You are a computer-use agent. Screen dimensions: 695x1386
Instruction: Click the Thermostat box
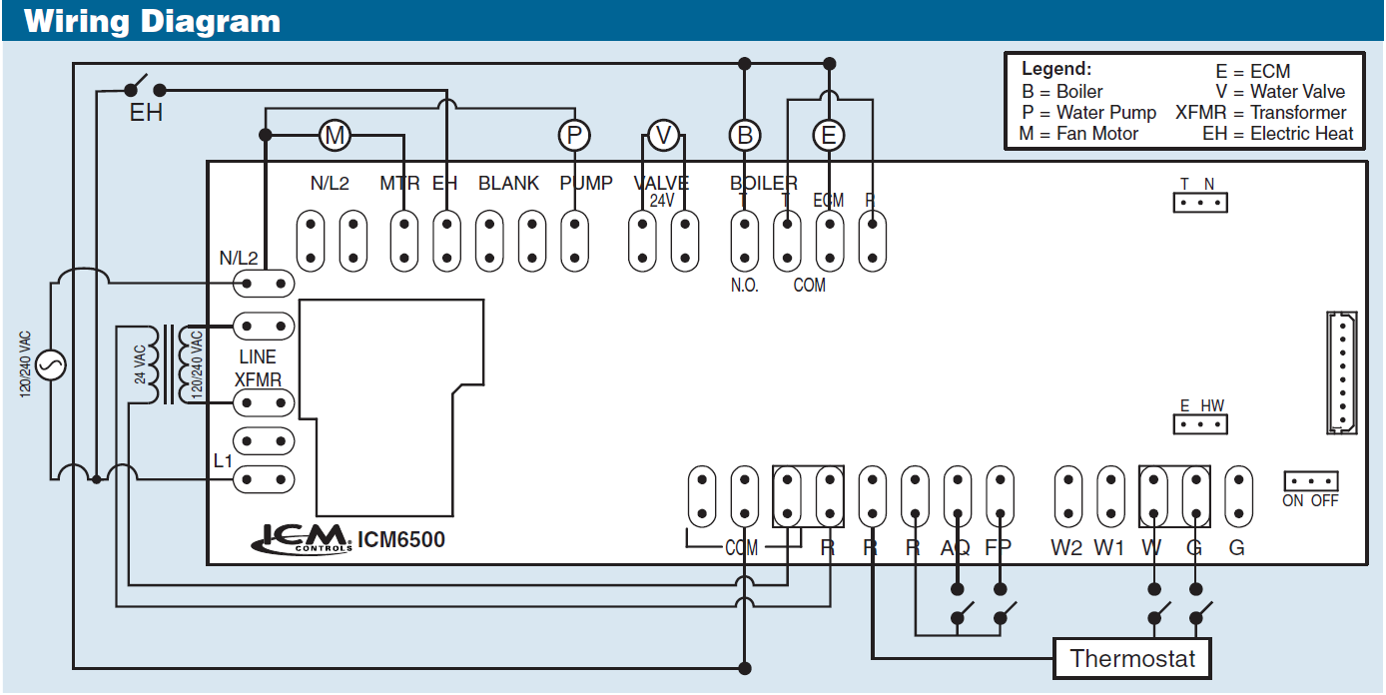click(x=1132, y=659)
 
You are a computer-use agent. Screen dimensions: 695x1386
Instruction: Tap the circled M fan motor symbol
click(x=335, y=135)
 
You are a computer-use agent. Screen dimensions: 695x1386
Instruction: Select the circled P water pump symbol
click(x=573, y=135)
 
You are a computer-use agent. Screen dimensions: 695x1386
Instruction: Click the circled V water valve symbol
click(x=663, y=135)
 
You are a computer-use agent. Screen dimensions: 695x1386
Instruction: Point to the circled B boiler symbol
click(x=744, y=135)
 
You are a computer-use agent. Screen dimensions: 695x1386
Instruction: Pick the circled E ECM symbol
click(x=828, y=135)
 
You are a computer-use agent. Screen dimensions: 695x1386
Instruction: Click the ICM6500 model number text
click(x=401, y=540)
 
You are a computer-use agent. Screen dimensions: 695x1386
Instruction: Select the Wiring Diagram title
click(x=152, y=21)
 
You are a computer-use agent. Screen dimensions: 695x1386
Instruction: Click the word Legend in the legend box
click(x=1056, y=70)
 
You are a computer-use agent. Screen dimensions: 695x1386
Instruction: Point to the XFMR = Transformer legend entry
click(x=1260, y=113)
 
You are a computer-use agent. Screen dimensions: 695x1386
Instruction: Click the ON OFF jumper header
click(x=1310, y=480)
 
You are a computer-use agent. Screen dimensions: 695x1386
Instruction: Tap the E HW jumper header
click(x=1200, y=424)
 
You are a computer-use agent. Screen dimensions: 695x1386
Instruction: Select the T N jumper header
click(x=1199, y=202)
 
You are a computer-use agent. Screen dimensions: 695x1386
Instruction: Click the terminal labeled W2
click(x=1068, y=495)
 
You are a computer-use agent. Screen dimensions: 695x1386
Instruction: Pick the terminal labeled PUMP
click(x=573, y=241)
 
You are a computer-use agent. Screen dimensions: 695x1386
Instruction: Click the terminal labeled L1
click(x=264, y=479)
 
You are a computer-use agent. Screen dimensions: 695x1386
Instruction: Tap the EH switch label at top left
click(x=146, y=113)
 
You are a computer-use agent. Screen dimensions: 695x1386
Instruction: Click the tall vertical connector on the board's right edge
click(x=1342, y=372)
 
